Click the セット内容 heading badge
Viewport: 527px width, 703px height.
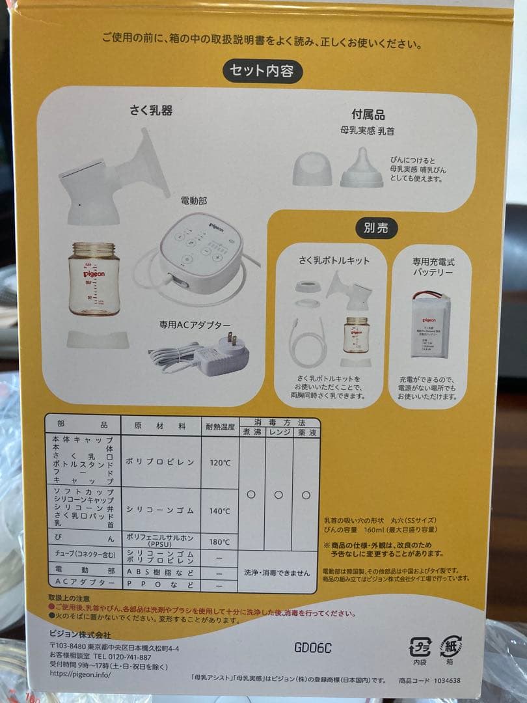(x=262, y=71)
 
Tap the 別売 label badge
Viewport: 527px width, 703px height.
(x=376, y=228)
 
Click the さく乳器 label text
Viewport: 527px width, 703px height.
(x=151, y=111)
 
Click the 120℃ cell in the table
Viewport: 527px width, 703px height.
(x=219, y=463)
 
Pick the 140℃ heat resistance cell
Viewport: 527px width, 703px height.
(x=219, y=511)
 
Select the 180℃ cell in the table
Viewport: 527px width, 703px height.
(x=219, y=542)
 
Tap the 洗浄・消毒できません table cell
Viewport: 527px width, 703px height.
(x=278, y=572)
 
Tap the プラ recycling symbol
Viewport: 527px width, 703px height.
(x=420, y=648)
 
